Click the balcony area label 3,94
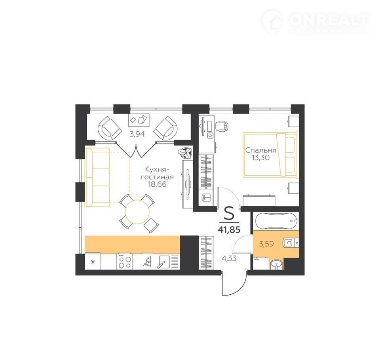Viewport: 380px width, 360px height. point(137,134)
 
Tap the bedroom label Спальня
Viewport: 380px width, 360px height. point(261,150)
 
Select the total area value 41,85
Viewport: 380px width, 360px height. point(229,229)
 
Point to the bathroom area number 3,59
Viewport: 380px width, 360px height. point(266,244)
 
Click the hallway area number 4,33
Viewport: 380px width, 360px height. point(229,258)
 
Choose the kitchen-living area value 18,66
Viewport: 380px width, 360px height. point(158,184)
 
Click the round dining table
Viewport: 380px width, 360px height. point(137,212)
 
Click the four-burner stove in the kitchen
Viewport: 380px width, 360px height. point(125,261)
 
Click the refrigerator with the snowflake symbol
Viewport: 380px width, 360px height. point(93,261)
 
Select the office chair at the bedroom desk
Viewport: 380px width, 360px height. point(222,126)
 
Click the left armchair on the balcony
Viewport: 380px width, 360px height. point(110,128)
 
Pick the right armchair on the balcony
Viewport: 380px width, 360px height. point(165,128)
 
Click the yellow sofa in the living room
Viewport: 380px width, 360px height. point(97,177)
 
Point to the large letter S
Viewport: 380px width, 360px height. point(229,213)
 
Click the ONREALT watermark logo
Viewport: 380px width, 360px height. point(315,22)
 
